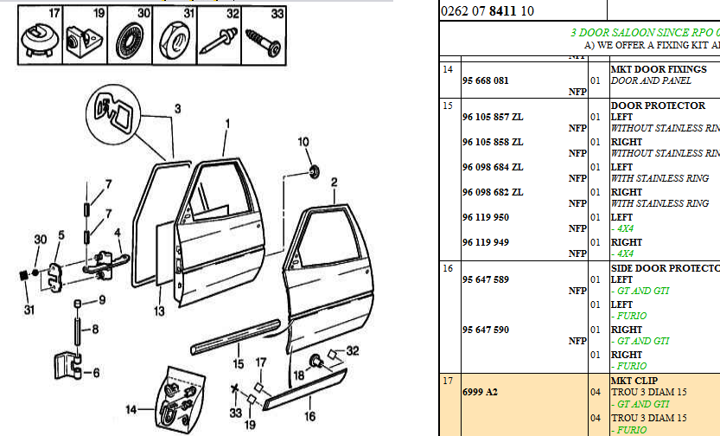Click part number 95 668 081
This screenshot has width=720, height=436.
[x=485, y=80]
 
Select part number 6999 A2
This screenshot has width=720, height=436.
[x=480, y=392]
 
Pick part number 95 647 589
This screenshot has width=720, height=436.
[x=485, y=279]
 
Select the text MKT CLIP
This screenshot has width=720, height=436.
[x=634, y=381]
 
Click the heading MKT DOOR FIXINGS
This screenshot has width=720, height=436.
[x=659, y=69]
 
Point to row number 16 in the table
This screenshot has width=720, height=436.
[x=448, y=269]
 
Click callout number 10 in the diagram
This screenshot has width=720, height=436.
[x=303, y=141]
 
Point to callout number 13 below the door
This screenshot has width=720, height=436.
[x=157, y=311]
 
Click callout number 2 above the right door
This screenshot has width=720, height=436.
[x=333, y=182]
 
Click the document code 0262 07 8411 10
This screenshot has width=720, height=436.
[x=487, y=11]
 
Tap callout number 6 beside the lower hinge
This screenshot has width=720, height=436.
[x=95, y=373]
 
